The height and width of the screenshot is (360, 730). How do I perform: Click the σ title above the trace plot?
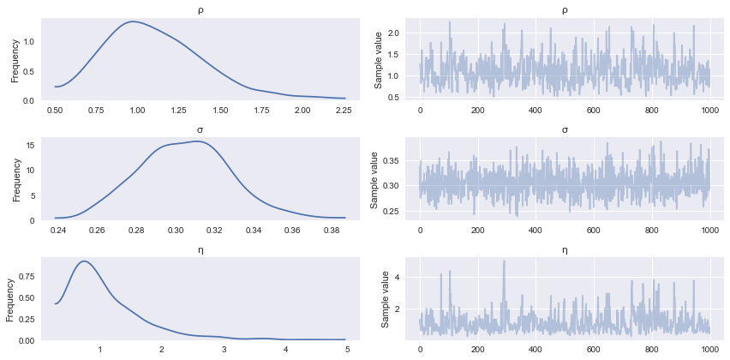[564, 130]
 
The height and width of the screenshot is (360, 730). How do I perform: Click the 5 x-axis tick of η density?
[344, 350]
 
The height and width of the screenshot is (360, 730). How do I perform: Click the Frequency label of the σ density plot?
[16, 180]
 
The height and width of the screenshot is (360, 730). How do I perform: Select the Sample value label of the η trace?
[385, 299]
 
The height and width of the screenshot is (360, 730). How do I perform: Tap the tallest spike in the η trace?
[504, 261]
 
